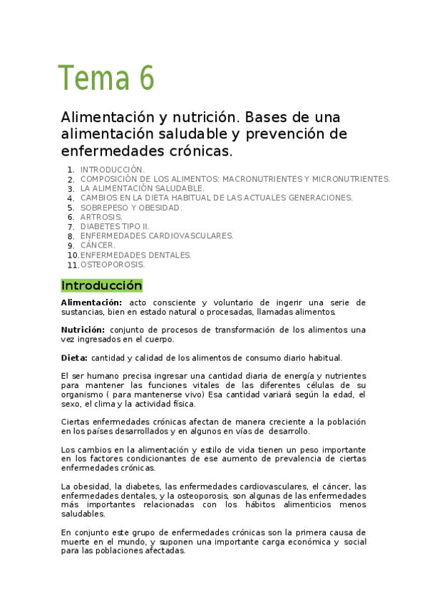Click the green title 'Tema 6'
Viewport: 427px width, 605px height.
(x=106, y=78)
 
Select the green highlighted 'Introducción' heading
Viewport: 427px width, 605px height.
(x=101, y=286)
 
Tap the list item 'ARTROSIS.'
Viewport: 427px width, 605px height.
(x=101, y=217)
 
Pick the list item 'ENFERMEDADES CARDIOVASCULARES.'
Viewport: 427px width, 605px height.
(x=157, y=235)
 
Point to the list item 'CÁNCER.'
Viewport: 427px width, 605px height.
(x=98, y=245)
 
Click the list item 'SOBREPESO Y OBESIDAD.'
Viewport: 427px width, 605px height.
(x=131, y=208)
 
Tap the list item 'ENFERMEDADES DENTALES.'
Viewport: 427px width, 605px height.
(x=136, y=255)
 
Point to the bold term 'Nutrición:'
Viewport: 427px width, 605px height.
(x=83, y=330)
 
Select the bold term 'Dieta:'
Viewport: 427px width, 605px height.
(x=74, y=357)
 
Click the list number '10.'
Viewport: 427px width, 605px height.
(x=73, y=255)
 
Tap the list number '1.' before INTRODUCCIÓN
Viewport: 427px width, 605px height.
(x=71, y=170)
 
